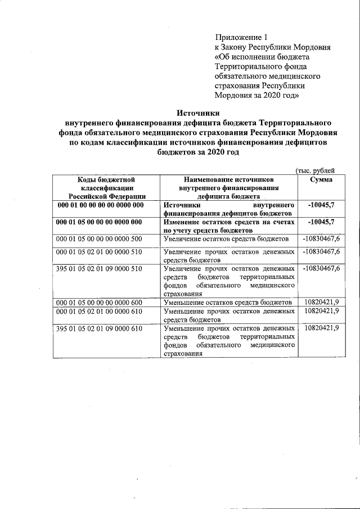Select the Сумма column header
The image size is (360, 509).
pos(321,179)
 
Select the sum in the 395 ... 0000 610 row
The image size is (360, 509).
pos(321,328)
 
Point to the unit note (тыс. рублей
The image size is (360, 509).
pos(315,170)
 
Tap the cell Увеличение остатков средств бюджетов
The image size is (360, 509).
pos(226,239)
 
